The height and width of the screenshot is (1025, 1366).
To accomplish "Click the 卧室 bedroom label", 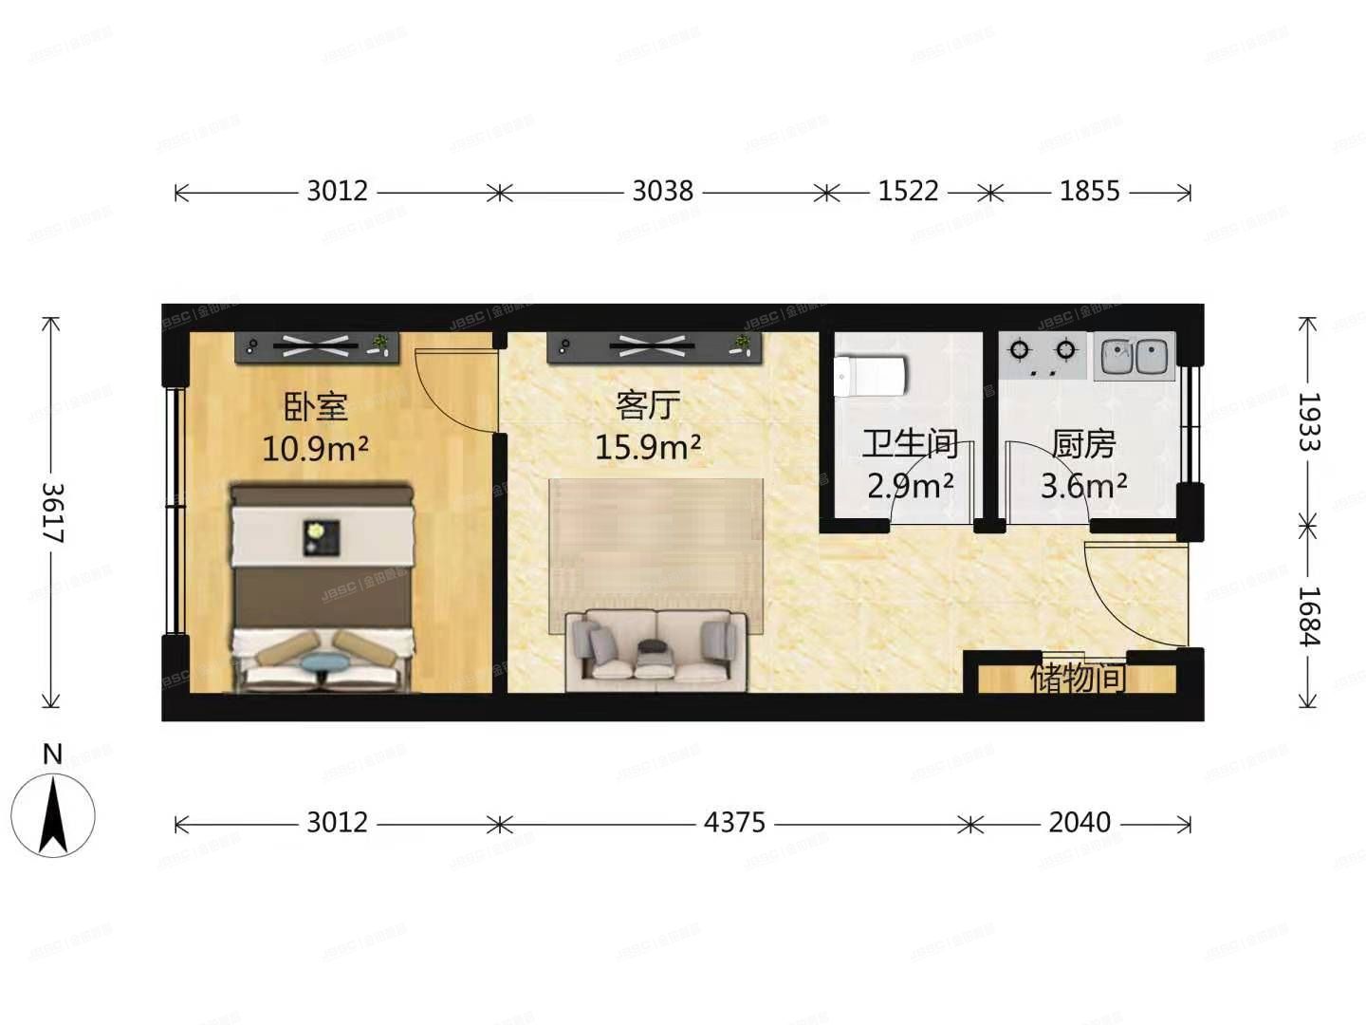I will point(316,407).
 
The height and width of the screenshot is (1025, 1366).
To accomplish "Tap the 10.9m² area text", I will point(315,448).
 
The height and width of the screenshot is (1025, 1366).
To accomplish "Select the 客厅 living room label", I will point(648,405).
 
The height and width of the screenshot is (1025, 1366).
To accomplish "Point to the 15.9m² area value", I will point(648,446).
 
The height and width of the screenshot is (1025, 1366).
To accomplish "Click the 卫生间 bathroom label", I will point(910,444).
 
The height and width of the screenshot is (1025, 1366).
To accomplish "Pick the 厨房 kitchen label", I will point(1083,444).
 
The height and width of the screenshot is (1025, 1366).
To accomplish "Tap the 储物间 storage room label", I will point(1078,679).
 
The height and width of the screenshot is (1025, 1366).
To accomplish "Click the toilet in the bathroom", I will point(869,376).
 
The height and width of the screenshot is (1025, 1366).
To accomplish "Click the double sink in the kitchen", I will point(1135,357).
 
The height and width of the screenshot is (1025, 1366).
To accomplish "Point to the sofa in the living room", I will point(656,650).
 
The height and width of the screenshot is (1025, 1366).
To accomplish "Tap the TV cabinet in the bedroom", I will point(317,347).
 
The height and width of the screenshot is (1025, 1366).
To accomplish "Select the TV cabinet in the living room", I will point(655,347).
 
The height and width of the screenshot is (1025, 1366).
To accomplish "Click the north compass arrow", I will point(53,814).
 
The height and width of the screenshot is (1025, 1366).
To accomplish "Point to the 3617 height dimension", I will point(52,512).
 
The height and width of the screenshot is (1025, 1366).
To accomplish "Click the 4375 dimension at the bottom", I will point(734,822).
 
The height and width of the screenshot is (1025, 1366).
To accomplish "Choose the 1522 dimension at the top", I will point(908,192).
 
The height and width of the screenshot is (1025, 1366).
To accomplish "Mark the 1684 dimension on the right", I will point(1309,616).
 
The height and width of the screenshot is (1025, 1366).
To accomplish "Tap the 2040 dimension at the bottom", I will point(1080,822).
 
